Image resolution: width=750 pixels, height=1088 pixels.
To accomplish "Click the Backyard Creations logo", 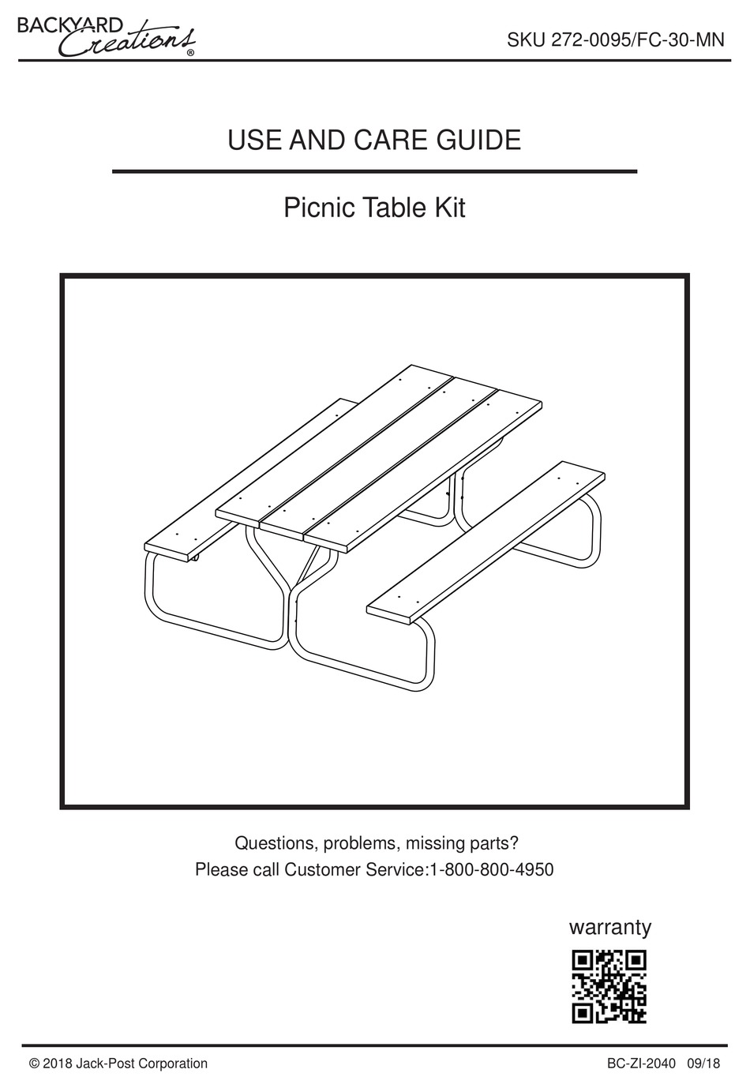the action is [x=107, y=37].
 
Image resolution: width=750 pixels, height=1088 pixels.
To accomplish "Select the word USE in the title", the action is [x=255, y=140].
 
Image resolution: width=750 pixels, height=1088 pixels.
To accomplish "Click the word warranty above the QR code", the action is [x=610, y=928].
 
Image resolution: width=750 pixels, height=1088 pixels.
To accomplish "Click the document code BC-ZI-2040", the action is [x=641, y=1064].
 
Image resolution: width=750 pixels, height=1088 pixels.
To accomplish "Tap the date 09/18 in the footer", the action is [x=704, y=1064].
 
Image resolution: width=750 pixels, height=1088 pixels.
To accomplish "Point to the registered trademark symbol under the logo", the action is [x=191, y=52].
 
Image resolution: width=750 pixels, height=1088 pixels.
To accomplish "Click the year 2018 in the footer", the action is [x=57, y=1064].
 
